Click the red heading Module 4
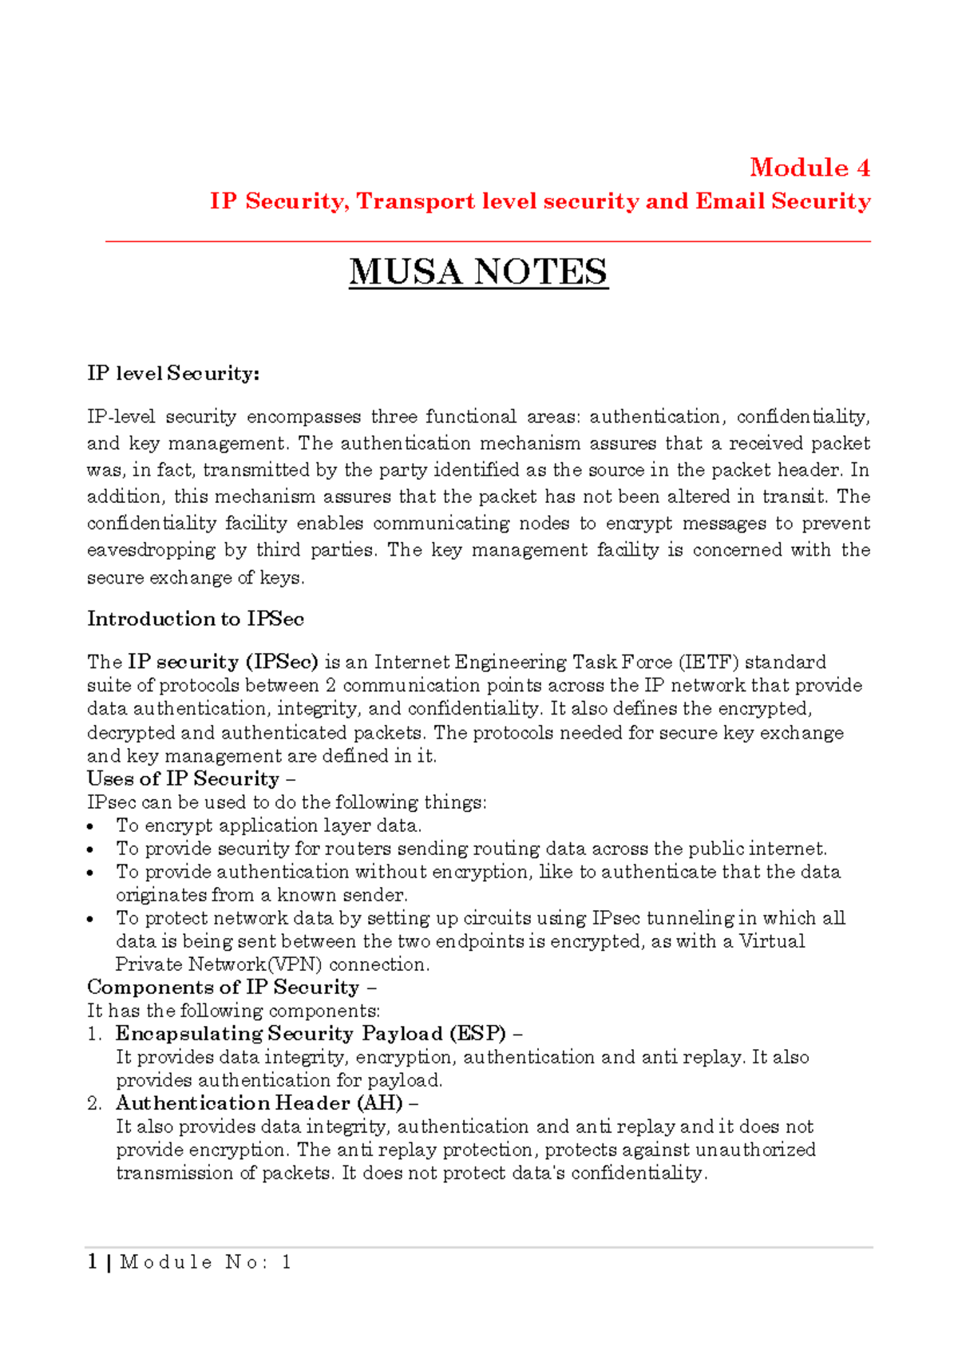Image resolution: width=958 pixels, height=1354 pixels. click(809, 168)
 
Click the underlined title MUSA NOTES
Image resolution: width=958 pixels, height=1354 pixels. click(478, 272)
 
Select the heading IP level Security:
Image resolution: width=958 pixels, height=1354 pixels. click(173, 374)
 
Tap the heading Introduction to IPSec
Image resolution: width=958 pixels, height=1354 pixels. click(196, 619)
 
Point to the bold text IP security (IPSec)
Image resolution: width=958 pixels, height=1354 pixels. click(223, 662)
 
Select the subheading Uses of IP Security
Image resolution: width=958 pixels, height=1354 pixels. click(183, 778)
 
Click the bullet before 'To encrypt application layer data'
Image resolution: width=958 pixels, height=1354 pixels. click(92, 827)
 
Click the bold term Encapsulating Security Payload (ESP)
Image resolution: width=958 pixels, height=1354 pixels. click(311, 1034)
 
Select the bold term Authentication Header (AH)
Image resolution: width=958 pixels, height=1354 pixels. click(259, 1103)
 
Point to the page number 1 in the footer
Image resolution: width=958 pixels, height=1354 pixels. click(93, 1262)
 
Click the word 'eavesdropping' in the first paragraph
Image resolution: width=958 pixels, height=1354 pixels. click(151, 550)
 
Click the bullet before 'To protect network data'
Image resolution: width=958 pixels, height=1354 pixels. click(92, 920)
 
